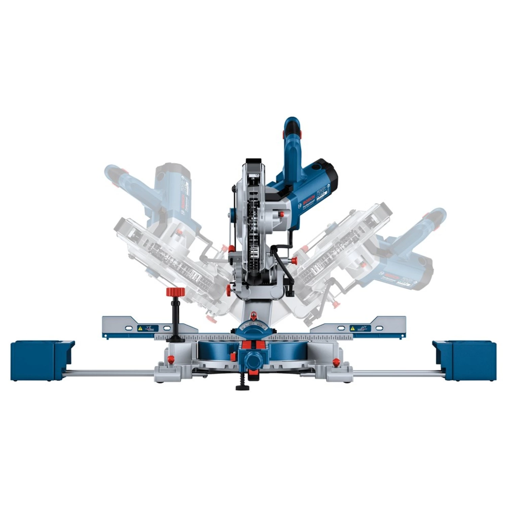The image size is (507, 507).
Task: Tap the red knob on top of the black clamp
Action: (x=176, y=291)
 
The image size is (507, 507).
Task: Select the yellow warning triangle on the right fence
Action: (x=353, y=328)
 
